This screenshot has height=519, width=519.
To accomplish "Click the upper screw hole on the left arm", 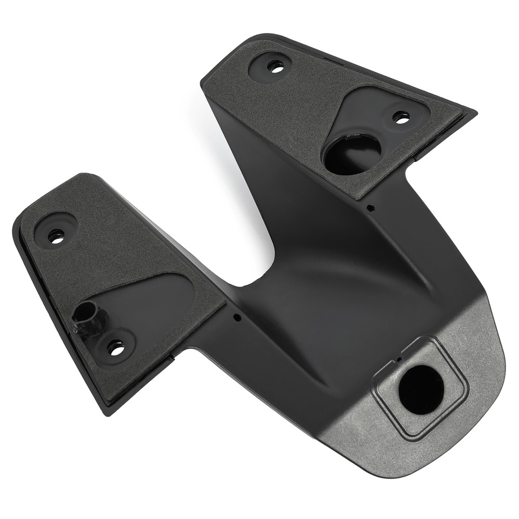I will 56,236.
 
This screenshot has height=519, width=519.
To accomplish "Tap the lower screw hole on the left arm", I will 116,347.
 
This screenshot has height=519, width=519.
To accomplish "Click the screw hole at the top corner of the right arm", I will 276,67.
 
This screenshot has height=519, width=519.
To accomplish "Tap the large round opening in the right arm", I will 352,154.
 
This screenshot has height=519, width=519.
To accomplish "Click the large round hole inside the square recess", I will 421,389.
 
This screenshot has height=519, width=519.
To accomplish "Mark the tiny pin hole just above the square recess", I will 398,359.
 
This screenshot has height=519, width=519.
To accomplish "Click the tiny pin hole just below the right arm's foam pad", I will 369,207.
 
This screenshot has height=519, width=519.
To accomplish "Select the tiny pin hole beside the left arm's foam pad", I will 237,317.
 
